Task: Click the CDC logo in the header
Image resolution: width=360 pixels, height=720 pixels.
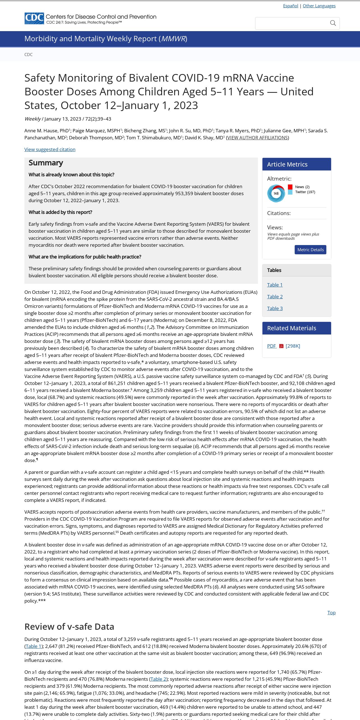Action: click(34, 19)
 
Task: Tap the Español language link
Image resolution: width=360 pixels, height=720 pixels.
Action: click(290, 6)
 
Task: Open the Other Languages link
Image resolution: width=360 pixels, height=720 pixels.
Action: click(319, 6)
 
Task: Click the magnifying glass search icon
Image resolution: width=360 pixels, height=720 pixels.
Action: click(333, 23)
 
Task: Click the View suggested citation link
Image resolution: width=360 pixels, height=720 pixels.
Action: click(50, 149)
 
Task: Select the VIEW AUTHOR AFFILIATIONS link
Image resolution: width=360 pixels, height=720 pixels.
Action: click(257, 138)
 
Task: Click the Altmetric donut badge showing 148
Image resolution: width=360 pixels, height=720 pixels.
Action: click(276, 193)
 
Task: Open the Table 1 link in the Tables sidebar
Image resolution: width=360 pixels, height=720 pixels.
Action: click(275, 285)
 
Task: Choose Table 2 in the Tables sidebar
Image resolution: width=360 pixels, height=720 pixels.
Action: click(275, 297)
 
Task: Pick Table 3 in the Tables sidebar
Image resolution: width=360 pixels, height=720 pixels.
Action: click(275, 308)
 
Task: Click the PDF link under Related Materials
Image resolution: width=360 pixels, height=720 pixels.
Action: click(271, 346)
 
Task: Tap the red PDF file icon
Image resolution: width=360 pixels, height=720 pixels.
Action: click(281, 346)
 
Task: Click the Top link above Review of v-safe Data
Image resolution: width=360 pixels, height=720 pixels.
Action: click(331, 613)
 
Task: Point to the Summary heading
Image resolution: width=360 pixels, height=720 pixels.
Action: click(46, 163)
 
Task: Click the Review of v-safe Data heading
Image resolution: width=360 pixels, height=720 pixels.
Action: click(69, 627)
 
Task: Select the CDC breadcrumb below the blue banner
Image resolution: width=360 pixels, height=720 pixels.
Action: click(28, 54)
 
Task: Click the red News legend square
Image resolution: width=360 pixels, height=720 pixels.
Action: click(290, 187)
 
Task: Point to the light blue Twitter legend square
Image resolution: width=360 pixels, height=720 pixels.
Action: click(290, 192)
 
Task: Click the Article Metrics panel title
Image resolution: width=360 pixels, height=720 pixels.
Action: click(287, 164)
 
